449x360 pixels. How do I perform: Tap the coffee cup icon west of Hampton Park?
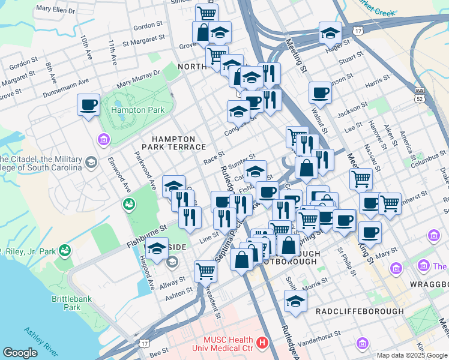pos(89,106)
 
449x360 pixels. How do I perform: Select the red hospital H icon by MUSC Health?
pos(262,343)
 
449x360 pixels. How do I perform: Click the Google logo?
pos(20,353)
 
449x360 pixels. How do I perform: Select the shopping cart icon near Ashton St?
pos(206,271)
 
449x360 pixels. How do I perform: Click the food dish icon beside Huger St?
pos(330,33)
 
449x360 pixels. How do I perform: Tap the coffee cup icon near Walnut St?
pos(321,93)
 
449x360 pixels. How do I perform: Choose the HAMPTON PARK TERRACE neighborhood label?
pos(173,142)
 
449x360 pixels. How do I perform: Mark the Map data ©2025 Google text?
pos(412,355)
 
